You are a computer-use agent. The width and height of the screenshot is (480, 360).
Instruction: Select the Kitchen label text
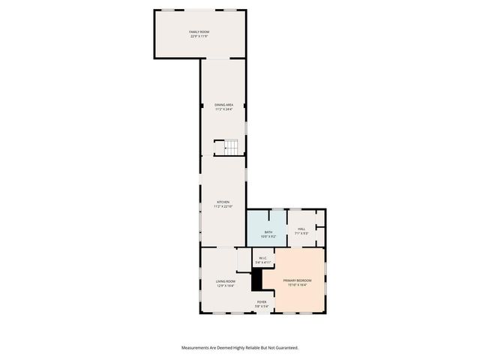pos(223,202)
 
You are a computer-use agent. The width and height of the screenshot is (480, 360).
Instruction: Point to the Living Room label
pos(225,281)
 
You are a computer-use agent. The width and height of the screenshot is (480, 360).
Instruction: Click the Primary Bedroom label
pos(298,280)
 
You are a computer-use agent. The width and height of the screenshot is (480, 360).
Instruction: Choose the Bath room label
pos(268,232)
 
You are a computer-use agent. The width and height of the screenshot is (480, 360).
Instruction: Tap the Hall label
pos(301,229)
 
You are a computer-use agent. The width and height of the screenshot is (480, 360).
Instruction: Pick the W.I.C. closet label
pos(262,259)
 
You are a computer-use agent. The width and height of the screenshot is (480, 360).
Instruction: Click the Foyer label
pos(262,301)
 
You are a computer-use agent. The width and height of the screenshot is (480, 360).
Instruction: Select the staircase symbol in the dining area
pos(230,147)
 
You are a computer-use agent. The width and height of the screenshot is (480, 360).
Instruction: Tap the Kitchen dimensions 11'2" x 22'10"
pos(223,206)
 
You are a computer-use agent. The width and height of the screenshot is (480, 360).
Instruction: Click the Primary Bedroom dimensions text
pos(298,285)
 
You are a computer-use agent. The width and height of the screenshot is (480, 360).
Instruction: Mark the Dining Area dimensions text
pos(223,110)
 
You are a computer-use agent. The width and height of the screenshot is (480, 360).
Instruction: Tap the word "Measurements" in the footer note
pos(199,348)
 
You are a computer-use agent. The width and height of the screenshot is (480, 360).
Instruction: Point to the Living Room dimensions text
pos(225,286)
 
